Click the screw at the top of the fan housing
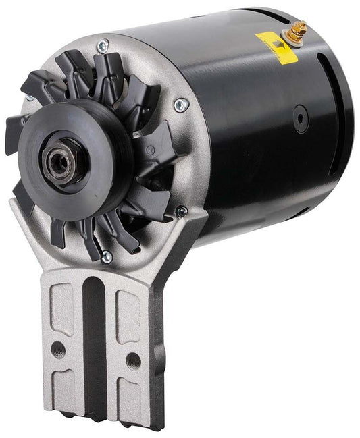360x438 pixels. (102, 47)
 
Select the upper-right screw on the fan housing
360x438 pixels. (180, 105)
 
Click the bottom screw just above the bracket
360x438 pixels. (105, 256)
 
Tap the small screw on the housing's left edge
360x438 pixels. (29, 99)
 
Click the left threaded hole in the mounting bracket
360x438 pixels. (57, 347)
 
